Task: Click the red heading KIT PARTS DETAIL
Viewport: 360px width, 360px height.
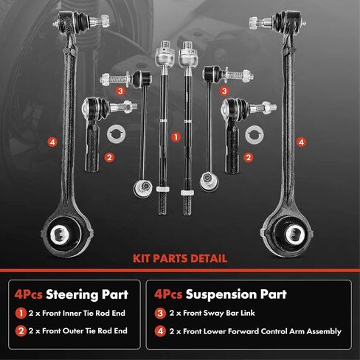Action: tap(180, 259)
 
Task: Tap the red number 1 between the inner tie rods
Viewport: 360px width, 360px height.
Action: tap(176, 137)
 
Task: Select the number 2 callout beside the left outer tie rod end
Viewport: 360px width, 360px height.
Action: tap(109, 157)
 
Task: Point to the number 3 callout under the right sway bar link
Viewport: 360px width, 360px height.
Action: tap(224, 91)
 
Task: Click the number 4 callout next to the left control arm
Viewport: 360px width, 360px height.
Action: tap(52, 142)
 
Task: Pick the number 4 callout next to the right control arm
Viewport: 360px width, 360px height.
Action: tap(301, 142)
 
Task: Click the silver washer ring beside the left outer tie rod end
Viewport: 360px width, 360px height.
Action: tap(117, 134)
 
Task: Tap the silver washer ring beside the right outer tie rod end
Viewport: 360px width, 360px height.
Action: tap(255, 134)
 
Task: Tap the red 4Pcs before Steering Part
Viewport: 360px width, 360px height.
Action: tap(28, 294)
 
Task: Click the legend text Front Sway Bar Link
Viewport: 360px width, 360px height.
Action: tap(219, 313)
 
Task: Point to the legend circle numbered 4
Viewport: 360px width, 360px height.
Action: tap(160, 331)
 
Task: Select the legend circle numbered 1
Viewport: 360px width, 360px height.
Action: tap(21, 314)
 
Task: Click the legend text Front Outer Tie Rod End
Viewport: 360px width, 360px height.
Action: tap(85, 331)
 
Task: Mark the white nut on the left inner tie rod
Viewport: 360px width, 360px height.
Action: tap(162, 189)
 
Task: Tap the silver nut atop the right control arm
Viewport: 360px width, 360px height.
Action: tap(255, 23)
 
